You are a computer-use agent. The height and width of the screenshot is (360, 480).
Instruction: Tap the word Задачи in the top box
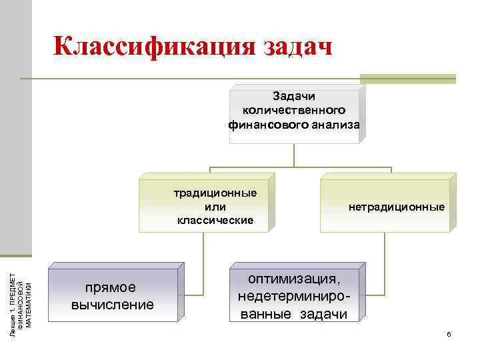295,96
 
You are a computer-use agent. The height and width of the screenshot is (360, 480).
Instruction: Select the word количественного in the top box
295,109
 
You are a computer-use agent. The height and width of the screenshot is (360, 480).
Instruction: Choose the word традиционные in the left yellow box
215,193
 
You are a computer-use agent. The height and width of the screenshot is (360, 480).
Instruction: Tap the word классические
215,219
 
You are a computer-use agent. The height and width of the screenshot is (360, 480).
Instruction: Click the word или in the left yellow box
215,206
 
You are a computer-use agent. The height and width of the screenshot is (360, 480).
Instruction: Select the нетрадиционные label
397,207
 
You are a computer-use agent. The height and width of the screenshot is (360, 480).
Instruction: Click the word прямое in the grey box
111,287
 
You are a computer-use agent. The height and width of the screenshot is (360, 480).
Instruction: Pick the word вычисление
112,305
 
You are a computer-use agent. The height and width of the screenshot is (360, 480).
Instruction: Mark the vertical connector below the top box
295,154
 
